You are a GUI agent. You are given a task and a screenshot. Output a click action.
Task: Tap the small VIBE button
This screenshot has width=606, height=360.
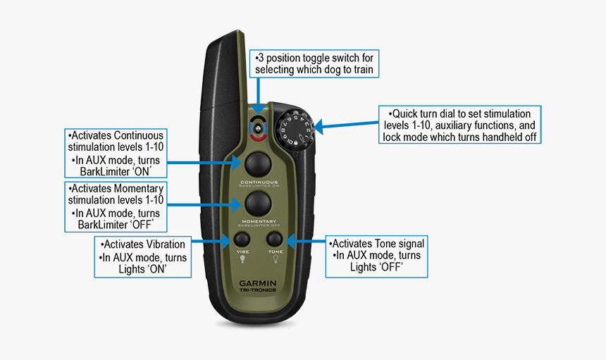click(x=242, y=239)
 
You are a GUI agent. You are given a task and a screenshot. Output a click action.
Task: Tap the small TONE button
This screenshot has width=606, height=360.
click(x=275, y=239)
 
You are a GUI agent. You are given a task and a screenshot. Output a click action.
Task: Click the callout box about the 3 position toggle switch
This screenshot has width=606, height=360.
click(x=315, y=63)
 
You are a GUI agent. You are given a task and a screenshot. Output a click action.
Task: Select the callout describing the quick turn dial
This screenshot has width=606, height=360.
click(x=459, y=125)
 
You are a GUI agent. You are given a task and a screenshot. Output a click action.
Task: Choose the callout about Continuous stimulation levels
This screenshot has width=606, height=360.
click(x=115, y=153)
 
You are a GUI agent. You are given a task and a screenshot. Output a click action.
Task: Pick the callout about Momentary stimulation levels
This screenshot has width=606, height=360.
click(x=115, y=206)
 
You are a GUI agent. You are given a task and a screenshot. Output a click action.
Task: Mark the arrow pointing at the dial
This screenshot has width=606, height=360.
click(x=345, y=127)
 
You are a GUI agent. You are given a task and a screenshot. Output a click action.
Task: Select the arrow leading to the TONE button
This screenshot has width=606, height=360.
click(x=304, y=240)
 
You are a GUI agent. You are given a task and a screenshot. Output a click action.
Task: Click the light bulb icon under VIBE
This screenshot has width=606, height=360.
click(x=242, y=259)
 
